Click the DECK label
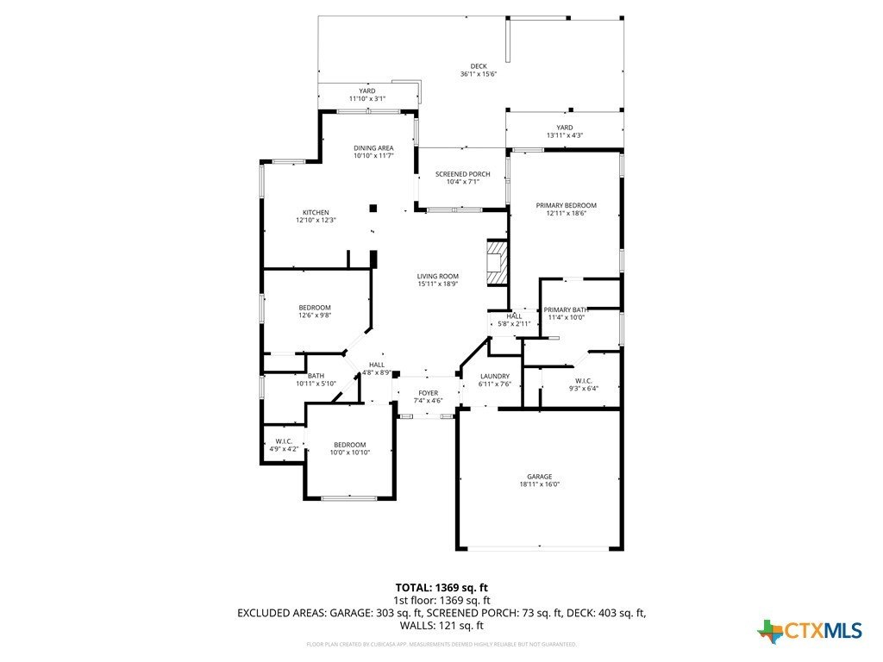click(479, 66)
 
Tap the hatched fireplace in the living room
click(496, 260)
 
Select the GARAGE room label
click(540, 477)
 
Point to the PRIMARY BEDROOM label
click(566, 205)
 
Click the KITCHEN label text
click(315, 213)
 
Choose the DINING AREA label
click(373, 148)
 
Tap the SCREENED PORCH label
click(462, 174)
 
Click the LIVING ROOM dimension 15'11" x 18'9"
click(437, 284)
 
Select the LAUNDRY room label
click(495, 376)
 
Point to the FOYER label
click(429, 393)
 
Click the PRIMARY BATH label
click(566, 309)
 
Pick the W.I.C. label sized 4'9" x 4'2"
click(283, 440)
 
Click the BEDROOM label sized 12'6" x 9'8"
click(315, 308)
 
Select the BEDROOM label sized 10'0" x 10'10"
click(351, 445)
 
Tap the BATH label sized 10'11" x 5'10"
click(316, 376)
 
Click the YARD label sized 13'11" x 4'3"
click(565, 128)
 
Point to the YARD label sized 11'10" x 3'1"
click(367, 91)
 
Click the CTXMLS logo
click(810, 631)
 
